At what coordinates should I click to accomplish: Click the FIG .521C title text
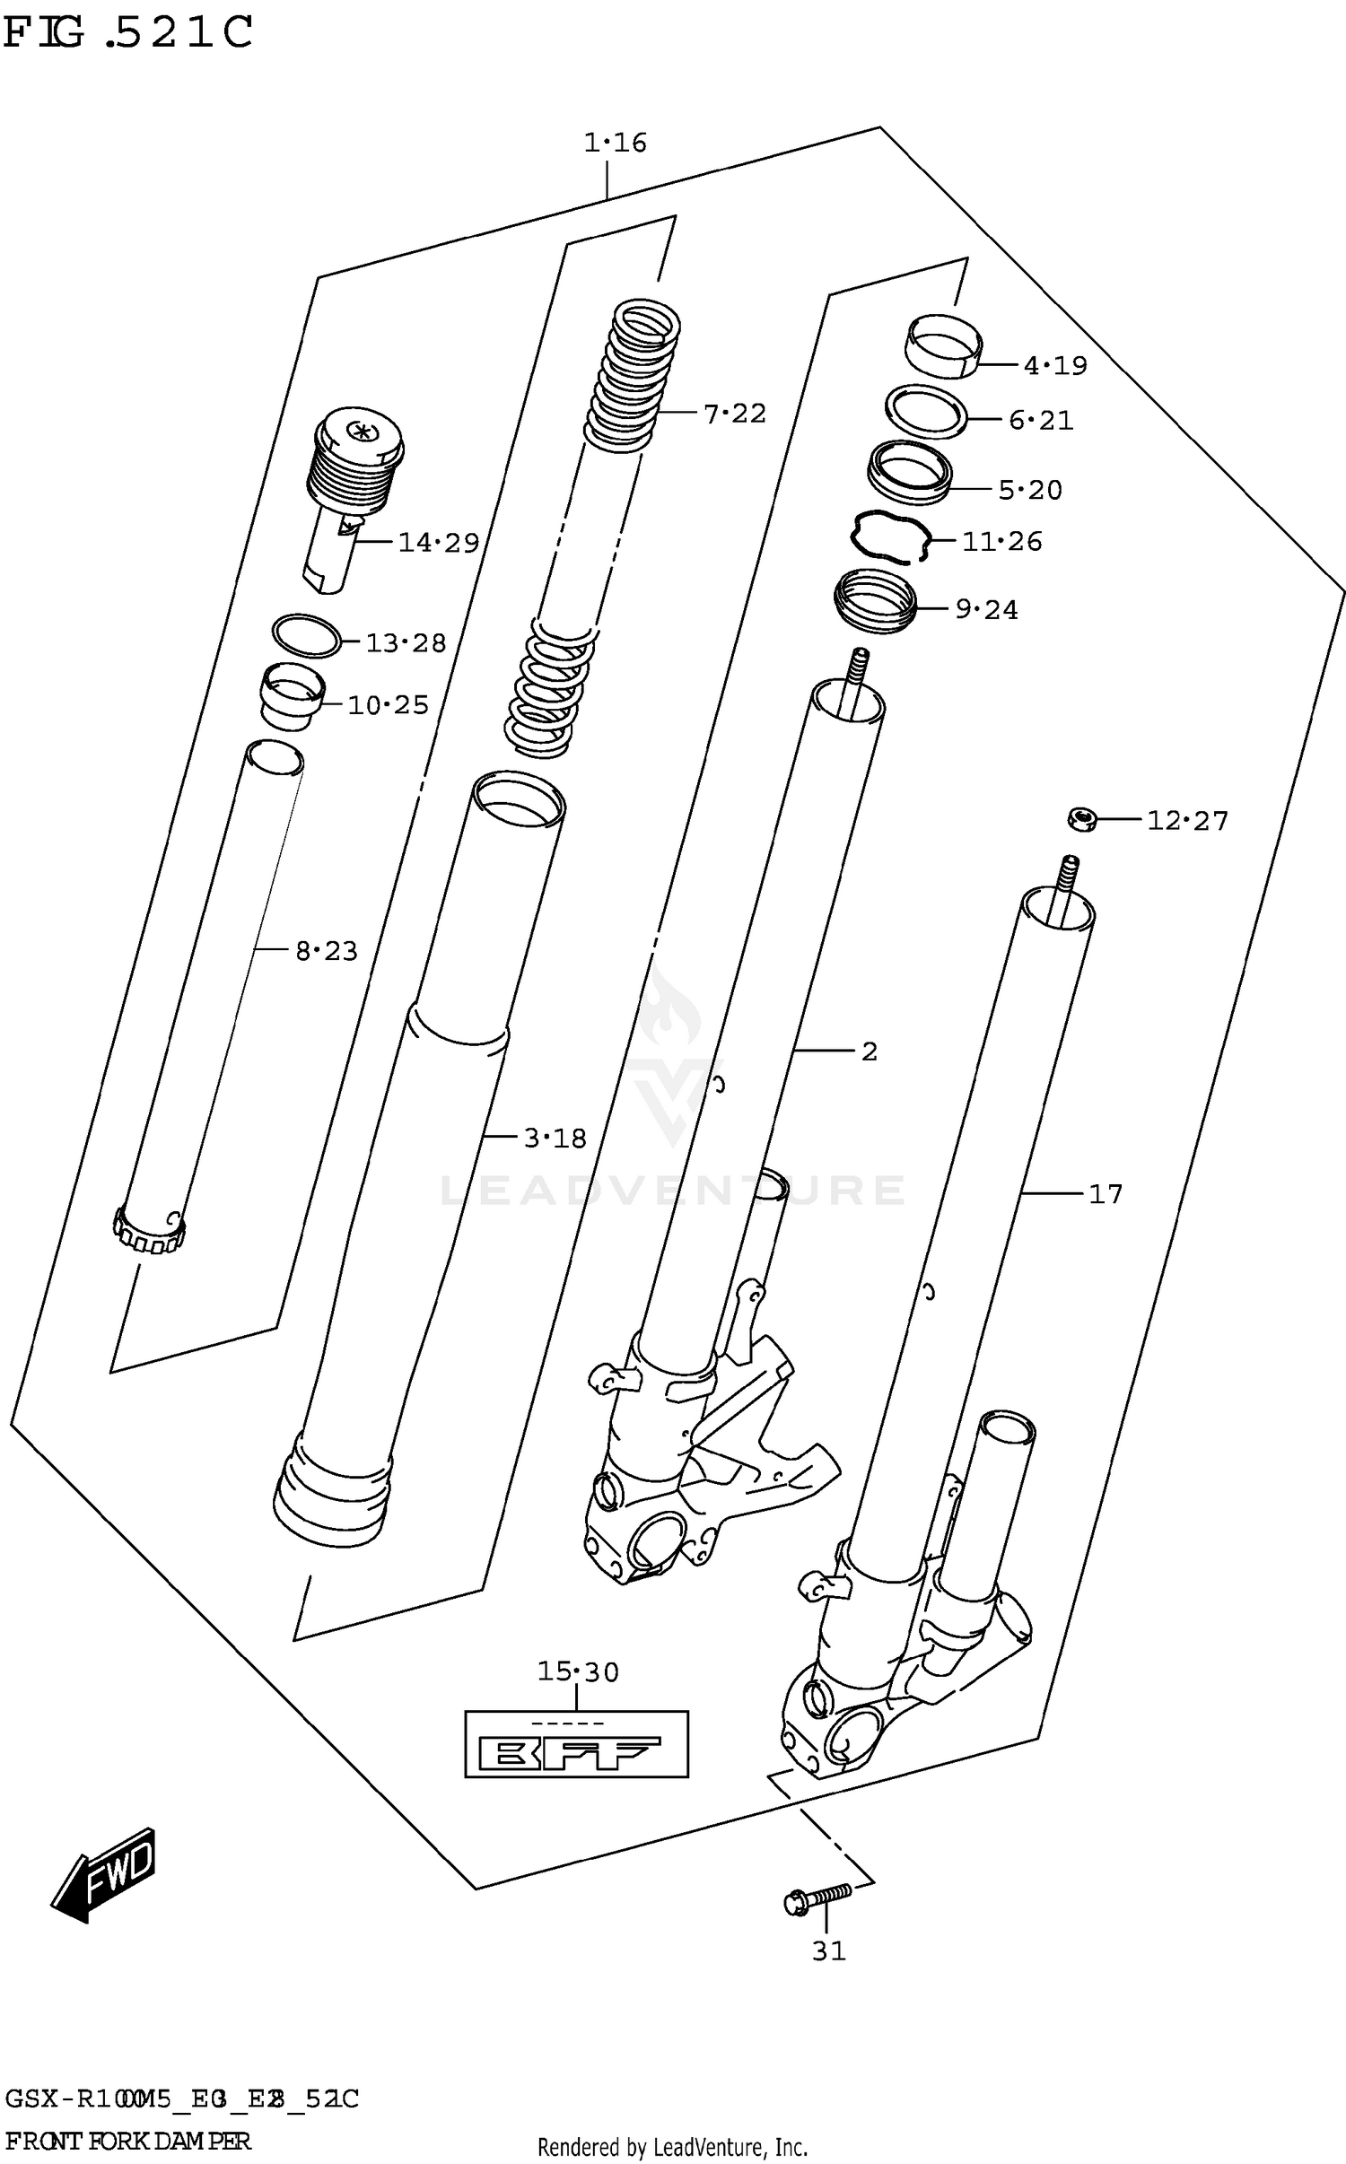pos(128,32)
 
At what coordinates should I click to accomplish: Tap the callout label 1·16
pos(615,143)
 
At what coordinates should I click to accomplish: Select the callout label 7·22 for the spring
pos(734,414)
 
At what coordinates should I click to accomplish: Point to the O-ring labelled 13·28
pos(306,636)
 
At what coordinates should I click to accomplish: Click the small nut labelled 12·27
pos(1082,818)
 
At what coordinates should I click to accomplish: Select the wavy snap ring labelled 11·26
pos(888,537)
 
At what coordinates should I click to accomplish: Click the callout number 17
pos(1105,1194)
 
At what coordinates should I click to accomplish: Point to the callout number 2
pos(869,1051)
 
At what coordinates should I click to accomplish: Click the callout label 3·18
pos(555,1138)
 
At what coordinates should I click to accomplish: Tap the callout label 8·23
pos(327,950)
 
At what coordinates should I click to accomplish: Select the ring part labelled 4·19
pos(942,345)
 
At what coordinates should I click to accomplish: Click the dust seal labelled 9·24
pos(876,601)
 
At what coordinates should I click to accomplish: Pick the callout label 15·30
pos(578,1671)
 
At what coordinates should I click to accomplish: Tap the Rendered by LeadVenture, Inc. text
pos(672,2147)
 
